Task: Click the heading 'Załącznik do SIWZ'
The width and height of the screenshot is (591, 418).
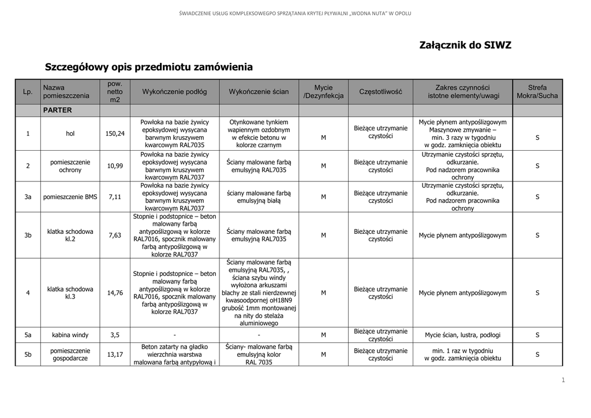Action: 465,45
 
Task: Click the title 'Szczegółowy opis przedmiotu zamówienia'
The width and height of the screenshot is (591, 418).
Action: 149,67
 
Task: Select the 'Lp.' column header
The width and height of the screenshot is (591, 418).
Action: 28,92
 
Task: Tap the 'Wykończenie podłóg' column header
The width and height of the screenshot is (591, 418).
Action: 174,92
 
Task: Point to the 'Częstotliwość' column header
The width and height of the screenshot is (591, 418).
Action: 381,92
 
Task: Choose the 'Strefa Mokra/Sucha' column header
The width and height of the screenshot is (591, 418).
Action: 537,92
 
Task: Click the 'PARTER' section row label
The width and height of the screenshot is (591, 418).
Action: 57,110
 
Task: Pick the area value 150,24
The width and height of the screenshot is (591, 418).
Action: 115,134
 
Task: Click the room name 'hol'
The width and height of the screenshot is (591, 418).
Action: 70,134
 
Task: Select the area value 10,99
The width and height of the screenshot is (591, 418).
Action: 115,166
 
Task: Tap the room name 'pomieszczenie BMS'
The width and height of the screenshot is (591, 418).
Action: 70,197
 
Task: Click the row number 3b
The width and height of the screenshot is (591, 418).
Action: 28,235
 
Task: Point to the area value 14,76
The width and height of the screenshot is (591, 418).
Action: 115,293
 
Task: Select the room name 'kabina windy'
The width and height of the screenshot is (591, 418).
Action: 70,335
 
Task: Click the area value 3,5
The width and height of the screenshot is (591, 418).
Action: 115,335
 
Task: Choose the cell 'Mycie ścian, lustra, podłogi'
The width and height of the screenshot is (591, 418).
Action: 463,335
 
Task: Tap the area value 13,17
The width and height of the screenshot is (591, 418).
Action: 115,354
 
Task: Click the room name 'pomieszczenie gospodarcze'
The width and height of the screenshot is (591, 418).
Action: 70,354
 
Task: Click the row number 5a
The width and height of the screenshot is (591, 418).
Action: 28,335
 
